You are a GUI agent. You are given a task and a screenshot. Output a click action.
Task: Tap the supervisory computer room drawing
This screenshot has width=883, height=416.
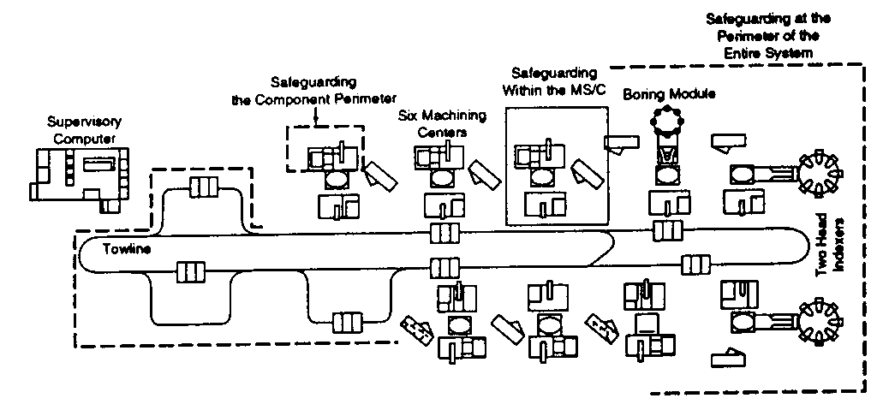pos(81,175)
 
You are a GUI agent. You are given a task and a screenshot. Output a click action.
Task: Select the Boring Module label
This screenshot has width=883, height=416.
pos(668,92)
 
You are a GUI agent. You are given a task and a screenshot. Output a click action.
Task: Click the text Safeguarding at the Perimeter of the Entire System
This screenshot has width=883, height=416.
pos(767,35)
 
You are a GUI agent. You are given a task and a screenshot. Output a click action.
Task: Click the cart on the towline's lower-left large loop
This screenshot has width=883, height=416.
pos(189,273)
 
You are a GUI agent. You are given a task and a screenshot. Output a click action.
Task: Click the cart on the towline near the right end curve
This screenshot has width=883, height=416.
pos(695,264)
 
